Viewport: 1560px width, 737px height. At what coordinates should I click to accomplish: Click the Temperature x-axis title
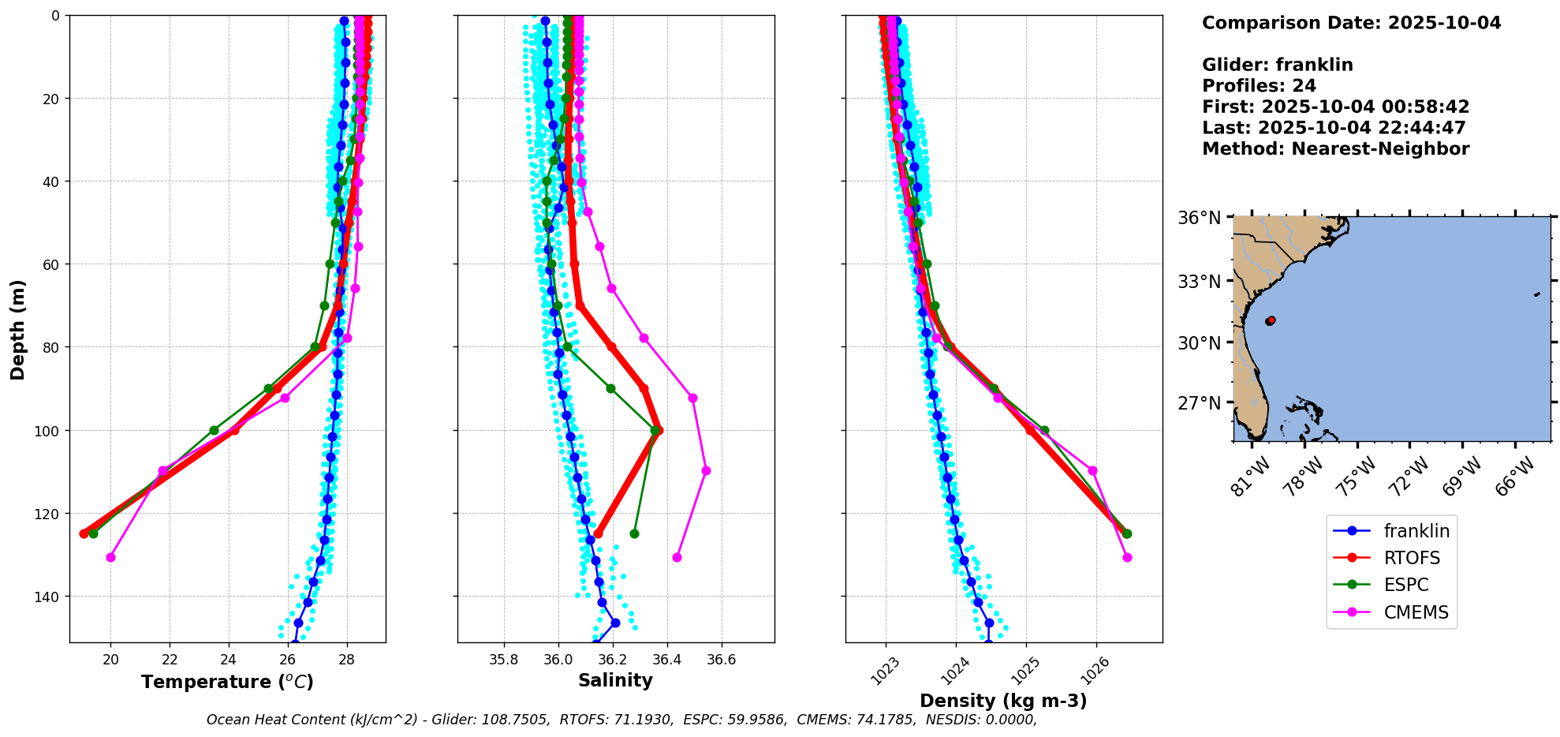(227, 682)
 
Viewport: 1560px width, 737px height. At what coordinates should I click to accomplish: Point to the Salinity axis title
(615, 680)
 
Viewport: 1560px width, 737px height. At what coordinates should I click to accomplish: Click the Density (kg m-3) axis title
(1003, 701)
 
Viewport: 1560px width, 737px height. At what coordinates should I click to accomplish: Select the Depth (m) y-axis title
(17, 329)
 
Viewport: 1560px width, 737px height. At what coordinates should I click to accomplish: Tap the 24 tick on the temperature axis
(229, 660)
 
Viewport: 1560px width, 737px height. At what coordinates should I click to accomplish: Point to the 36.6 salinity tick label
(721, 660)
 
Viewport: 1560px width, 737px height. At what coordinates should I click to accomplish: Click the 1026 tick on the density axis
(1095, 672)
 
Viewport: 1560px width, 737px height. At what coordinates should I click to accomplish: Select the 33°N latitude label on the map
(1199, 282)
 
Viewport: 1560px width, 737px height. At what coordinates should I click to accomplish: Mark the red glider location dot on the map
(1271, 320)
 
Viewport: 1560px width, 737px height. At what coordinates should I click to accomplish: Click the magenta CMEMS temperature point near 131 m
(110, 557)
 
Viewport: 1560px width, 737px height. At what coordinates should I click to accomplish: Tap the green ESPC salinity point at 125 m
(634, 533)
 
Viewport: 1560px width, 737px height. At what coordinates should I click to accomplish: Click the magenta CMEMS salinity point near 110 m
(706, 470)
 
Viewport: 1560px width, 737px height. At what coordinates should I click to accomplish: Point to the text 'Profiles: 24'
(1259, 86)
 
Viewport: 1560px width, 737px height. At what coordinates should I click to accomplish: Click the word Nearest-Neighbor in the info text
(1380, 149)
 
